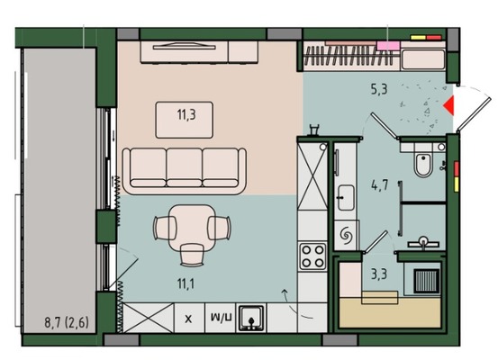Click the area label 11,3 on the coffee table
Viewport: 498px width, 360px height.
186,114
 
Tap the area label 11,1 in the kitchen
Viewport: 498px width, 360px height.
186,283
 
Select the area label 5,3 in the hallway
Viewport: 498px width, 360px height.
379,89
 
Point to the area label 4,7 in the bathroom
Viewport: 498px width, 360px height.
380,184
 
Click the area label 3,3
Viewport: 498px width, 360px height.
379,274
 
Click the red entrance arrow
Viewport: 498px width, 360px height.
449,106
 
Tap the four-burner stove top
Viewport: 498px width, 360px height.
312,256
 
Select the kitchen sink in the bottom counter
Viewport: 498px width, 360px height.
251,318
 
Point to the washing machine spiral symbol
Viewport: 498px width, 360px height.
346,236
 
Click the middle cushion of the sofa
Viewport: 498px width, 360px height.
185,167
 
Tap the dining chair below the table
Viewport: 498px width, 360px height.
192,255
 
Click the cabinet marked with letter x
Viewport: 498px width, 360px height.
189,318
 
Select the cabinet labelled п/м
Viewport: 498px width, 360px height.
221,318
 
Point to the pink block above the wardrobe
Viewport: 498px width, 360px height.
388,46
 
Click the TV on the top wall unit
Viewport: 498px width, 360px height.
185,46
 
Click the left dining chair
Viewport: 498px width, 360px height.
165,228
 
